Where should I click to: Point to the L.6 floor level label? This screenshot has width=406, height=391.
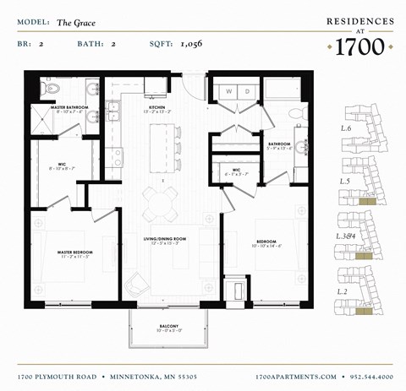(x=345, y=128)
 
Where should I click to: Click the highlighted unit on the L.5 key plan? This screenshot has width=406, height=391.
(x=365, y=201)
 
